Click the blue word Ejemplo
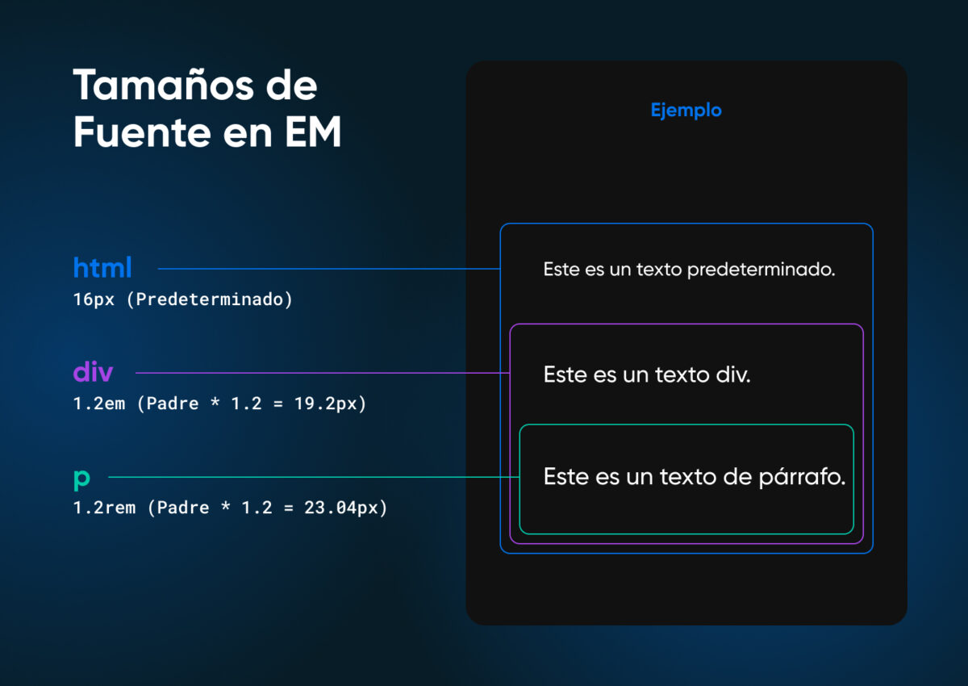pyautogui.click(x=686, y=111)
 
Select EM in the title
pyautogui.click(x=313, y=132)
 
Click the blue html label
pyautogui.click(x=102, y=267)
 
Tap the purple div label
pyautogui.click(x=93, y=372)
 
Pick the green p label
pyautogui.click(x=81, y=479)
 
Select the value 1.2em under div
pyautogui.click(x=99, y=404)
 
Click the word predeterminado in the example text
pyautogui.click(x=761, y=270)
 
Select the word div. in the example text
pyautogui.click(x=732, y=374)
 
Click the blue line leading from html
pyautogui.click(x=323, y=269)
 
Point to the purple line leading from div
pyautogui.click(x=323, y=373)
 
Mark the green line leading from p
pyautogui.click(x=315, y=477)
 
